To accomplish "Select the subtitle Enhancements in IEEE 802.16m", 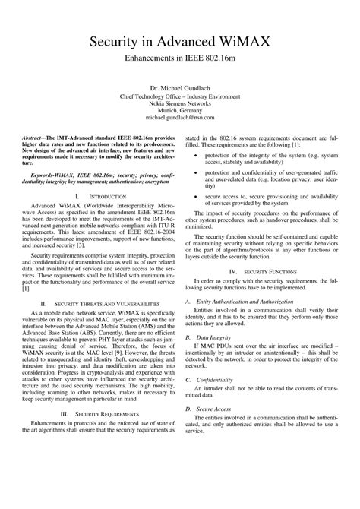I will click(179, 58).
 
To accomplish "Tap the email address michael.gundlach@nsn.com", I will click(179, 119).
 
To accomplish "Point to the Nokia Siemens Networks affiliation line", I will click(179, 104).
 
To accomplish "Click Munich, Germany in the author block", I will click(179, 111).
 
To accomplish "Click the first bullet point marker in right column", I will click(197, 155).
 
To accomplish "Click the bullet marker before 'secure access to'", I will click(197, 217).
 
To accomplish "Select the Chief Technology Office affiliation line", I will click(179, 96).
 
